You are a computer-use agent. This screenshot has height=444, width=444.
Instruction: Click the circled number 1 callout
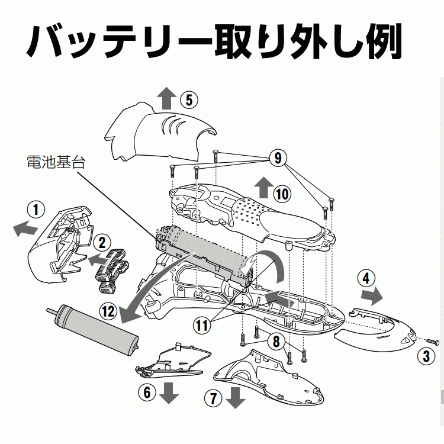click(x=36, y=209)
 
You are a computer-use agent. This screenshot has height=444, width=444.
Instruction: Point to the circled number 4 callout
click(x=367, y=278)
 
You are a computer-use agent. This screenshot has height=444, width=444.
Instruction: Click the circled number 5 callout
click(x=188, y=99)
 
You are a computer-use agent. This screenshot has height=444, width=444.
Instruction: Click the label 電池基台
click(x=56, y=162)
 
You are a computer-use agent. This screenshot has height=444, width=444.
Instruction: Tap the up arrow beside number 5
click(x=166, y=98)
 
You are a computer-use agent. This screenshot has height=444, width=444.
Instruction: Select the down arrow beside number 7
click(x=236, y=398)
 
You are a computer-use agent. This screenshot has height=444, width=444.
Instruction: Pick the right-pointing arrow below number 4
click(x=371, y=294)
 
